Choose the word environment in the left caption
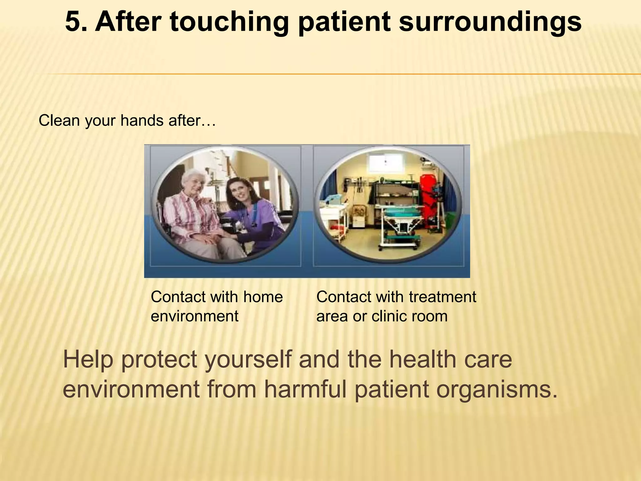pos(194,316)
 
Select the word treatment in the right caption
pos(442,297)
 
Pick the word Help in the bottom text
pos(88,360)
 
